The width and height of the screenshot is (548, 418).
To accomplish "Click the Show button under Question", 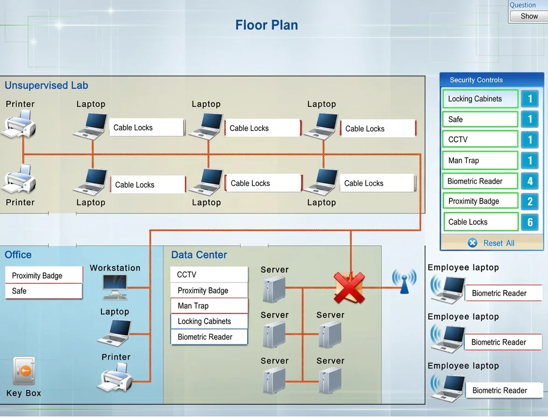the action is (529, 16).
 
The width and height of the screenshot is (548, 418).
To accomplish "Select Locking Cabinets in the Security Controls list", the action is (480, 99).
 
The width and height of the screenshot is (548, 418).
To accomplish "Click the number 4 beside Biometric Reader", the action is (530, 181).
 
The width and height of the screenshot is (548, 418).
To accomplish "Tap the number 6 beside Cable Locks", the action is (530, 222).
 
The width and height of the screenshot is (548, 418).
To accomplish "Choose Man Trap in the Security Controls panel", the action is (480, 160).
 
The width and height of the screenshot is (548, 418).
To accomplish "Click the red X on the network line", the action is (349, 288).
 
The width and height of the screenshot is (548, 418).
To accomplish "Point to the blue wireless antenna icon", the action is (405, 281).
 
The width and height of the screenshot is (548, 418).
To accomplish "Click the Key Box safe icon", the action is (24, 370).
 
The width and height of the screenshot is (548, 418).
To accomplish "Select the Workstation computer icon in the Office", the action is (115, 287).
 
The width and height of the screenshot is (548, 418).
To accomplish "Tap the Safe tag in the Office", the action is (44, 291).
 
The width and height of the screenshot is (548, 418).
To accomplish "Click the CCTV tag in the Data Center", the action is (209, 275).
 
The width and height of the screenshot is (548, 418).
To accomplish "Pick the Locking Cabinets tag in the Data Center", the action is (209, 321).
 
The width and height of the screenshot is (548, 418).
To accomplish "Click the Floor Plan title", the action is (267, 25).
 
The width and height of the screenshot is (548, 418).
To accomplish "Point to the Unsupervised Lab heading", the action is (46, 85).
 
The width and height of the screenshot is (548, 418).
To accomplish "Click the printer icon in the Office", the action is (115, 377).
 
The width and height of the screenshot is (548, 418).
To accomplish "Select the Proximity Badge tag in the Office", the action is (44, 275).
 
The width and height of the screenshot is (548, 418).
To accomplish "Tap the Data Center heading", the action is (199, 255).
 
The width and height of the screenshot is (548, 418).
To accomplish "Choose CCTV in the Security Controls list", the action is (480, 139).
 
